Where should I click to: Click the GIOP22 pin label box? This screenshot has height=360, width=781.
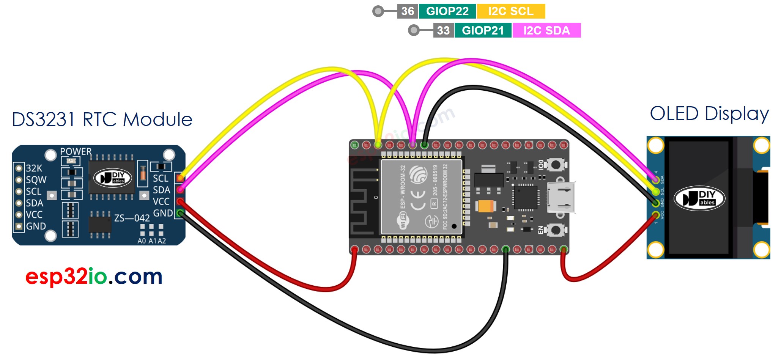click(x=447, y=11)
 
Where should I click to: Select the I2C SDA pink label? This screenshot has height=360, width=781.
click(x=546, y=30)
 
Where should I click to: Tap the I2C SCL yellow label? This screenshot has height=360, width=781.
click(x=510, y=11)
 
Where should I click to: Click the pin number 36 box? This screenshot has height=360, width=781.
click(x=408, y=11)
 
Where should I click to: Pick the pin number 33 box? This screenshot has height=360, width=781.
click(x=443, y=30)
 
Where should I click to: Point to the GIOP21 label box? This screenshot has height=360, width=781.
click(x=483, y=30)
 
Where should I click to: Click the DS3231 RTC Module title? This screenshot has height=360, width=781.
click(x=102, y=119)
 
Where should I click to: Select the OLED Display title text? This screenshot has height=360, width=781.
click(x=709, y=113)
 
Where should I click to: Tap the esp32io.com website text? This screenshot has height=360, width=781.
click(x=94, y=276)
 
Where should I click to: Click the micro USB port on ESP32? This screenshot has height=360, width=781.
click(x=561, y=197)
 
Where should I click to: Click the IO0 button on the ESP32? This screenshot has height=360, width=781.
click(x=556, y=165)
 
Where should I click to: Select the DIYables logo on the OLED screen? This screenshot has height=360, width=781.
click(x=699, y=198)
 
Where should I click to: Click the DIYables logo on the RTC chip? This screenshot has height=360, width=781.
click(x=113, y=178)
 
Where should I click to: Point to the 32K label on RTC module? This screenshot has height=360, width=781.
click(x=34, y=168)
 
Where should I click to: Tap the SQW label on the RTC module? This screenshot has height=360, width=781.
click(x=36, y=180)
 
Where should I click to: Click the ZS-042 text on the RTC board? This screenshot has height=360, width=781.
click(x=132, y=218)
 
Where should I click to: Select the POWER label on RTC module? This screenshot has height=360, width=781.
click(x=76, y=151)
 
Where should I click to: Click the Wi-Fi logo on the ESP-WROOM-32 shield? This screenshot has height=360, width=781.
click(x=403, y=220)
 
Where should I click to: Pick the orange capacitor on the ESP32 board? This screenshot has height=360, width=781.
click(x=485, y=206)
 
